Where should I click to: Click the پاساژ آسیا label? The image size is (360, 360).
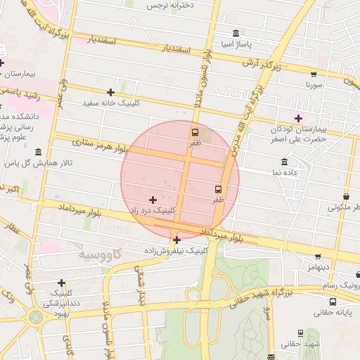coord(235,44)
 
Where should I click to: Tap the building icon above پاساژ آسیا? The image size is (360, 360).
coord(235,33)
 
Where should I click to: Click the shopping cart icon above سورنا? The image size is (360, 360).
coord(314,74)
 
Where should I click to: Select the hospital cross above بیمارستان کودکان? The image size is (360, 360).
coord(298,117)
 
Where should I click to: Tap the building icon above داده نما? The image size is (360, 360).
coord(284,161)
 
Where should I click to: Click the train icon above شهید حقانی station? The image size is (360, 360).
coord(301,333)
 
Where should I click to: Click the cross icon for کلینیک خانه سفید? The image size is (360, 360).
coord(110,92)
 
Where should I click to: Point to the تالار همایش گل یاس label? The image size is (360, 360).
coord(36,162)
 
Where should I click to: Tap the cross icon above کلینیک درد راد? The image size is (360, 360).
coord(153,200)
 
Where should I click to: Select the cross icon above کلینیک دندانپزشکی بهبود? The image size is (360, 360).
coord(62,283)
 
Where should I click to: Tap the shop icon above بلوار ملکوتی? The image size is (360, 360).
coord(346,197)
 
